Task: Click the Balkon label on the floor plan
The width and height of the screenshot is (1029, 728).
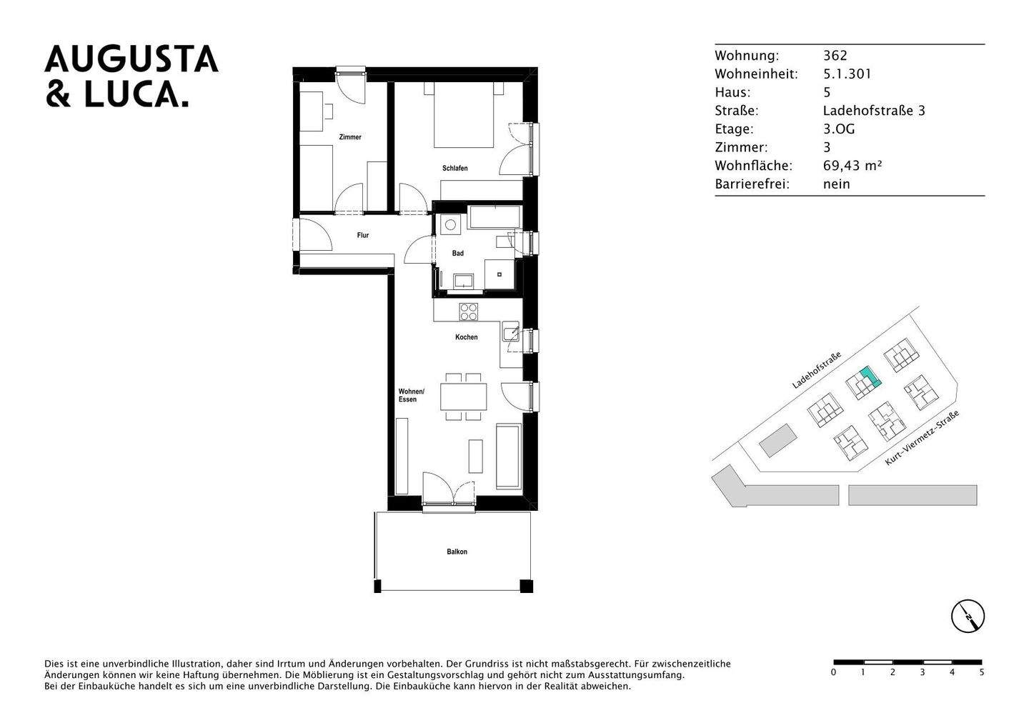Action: (457, 552)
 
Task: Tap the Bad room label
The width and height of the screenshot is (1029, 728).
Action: (457, 253)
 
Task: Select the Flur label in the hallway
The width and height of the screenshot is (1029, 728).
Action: (362, 235)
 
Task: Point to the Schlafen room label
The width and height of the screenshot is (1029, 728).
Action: (454, 168)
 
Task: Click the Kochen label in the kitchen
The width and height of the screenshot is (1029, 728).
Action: (466, 337)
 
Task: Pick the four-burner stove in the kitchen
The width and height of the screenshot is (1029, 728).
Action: (469, 312)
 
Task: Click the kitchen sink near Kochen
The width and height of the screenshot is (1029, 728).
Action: (511, 331)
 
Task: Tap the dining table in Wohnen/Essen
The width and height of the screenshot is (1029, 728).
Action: (464, 397)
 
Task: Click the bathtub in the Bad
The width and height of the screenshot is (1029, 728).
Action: (494, 216)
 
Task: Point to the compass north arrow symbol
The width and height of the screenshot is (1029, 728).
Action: (968, 616)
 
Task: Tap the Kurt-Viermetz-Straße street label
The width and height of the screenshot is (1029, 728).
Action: (922, 438)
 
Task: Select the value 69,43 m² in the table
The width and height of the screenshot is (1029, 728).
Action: (852, 165)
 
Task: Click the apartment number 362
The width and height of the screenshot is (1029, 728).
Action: (835, 56)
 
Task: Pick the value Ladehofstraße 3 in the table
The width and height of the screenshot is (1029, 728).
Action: (874, 111)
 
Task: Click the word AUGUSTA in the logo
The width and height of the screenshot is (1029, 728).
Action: (131, 59)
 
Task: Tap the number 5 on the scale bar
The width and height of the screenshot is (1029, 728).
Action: (982, 672)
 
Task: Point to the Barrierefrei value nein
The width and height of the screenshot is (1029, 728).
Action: (837, 184)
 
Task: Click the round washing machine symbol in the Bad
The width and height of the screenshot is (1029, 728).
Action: (450, 224)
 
